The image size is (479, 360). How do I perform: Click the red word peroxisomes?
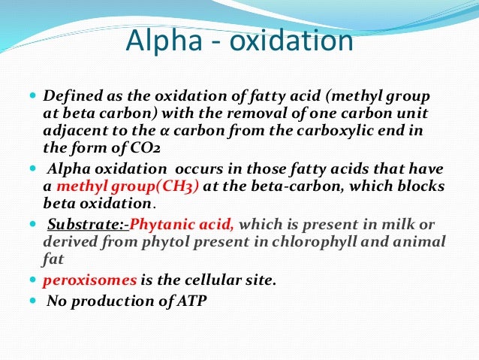click(90, 280)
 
